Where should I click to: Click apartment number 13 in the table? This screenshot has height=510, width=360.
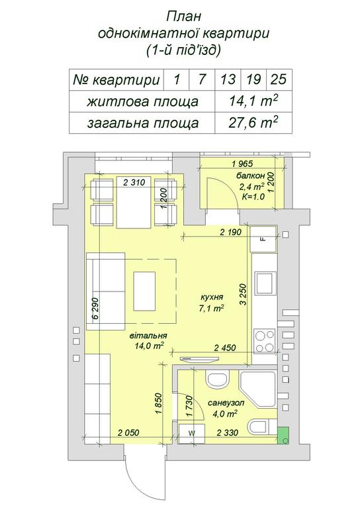coord(228,79)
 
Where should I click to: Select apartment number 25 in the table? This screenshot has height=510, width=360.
coord(278,79)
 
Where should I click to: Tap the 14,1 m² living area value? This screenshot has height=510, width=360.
coord(253,101)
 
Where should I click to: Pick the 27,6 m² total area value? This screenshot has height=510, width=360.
coord(253,123)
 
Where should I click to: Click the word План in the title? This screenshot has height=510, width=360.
coord(184,17)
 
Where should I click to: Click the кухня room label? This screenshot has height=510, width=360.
coord(212,297)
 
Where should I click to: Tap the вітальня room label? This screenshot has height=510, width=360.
coord(148,336)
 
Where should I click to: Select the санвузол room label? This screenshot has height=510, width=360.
coord(226,403)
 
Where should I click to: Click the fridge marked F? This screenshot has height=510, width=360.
coord(263,238)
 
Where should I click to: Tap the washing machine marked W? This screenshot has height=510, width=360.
coord(192,434)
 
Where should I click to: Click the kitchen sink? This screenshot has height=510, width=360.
coord(263,283)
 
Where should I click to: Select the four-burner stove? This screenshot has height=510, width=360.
coord(265,341)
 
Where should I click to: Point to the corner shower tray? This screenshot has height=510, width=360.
coord(257,389)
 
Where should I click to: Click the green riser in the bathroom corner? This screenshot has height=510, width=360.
coord(283,436)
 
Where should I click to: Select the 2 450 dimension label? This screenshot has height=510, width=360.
coord(225,348)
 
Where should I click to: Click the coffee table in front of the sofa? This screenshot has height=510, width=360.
coord(144,291)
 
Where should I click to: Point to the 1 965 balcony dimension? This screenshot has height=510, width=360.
coord(242,164)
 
